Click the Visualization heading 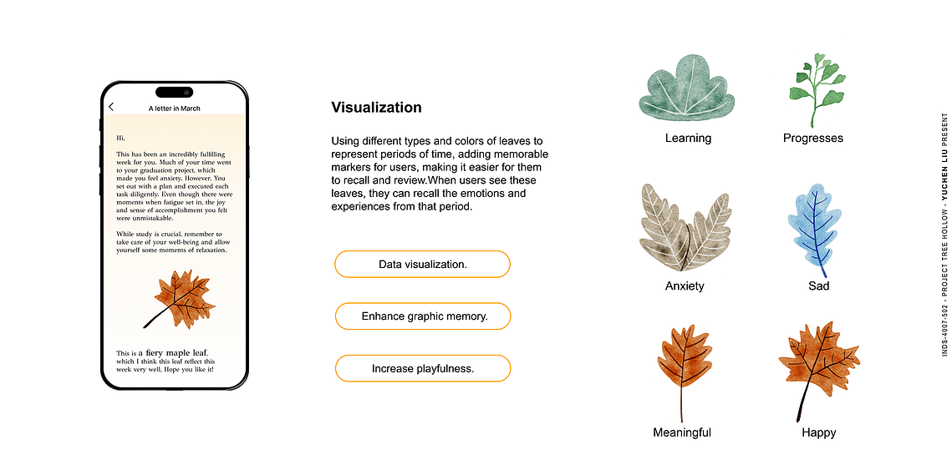pyautogui.click(x=376, y=108)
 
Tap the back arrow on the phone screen pyautogui.click(x=111, y=108)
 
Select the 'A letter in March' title pyautogui.click(x=174, y=109)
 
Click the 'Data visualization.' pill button pyautogui.click(x=423, y=265)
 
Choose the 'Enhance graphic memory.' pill pyautogui.click(x=423, y=316)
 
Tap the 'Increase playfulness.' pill pyautogui.click(x=423, y=368)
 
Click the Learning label pyautogui.click(x=688, y=139)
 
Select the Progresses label pyautogui.click(x=813, y=139)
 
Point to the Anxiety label pyautogui.click(x=685, y=286)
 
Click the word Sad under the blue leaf pyautogui.click(x=818, y=286)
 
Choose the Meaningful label pyautogui.click(x=682, y=432)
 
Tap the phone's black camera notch pyautogui.click(x=174, y=92)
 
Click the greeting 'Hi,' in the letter pyautogui.click(x=120, y=139)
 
